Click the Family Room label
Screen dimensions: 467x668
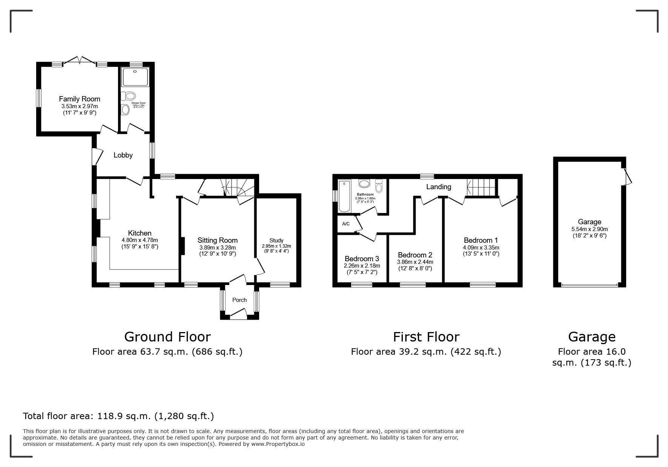[80, 99]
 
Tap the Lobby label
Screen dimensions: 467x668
[123, 155]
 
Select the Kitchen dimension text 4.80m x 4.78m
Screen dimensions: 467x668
[140, 240]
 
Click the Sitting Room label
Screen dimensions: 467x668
[218, 240]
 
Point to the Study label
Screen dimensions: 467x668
[276, 240]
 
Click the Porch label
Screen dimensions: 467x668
[240, 300]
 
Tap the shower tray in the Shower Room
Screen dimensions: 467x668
[135, 77]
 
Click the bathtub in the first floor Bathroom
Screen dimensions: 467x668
[344, 196]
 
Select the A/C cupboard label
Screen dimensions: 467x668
[346, 224]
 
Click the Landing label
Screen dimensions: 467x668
[438, 187]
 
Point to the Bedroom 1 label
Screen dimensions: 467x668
[481, 240]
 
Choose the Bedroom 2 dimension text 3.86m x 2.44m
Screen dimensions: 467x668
[415, 262]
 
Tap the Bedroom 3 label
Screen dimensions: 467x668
[362, 259]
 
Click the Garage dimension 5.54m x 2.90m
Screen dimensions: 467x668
[590, 229]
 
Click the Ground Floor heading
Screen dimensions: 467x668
[167, 337]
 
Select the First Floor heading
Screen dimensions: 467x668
[426, 337]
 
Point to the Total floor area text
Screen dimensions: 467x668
[118, 416]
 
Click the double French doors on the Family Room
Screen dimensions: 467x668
[80, 60]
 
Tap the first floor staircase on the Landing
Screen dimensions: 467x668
[481, 187]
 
